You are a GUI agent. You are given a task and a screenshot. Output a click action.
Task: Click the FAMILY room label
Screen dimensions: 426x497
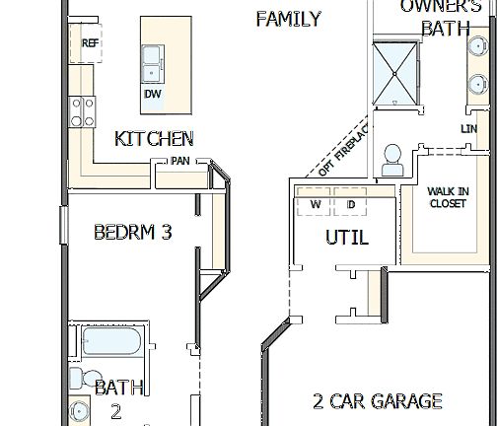288,19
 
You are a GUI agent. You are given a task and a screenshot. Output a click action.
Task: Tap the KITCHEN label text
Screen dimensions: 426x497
154,139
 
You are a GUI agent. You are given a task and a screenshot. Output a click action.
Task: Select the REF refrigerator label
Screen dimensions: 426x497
90,42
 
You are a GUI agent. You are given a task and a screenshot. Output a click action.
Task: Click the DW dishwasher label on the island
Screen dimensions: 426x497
152,94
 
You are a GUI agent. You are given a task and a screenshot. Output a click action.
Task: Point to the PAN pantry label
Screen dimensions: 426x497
179,161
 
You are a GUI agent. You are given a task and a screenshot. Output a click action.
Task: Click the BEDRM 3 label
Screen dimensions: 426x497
133,233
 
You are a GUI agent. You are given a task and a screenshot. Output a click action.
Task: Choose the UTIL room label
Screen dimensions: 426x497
347,238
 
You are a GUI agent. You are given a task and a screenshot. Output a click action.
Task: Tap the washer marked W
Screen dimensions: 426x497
316,205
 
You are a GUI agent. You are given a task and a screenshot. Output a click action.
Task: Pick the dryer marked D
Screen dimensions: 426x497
350,205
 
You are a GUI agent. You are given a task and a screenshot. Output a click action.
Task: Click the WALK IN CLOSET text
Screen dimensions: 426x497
448,198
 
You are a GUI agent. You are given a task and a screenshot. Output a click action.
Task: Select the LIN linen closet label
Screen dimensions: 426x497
468,129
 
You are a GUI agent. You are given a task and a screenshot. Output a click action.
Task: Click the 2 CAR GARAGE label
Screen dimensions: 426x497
377,401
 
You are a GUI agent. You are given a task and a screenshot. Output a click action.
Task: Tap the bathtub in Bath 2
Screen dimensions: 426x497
114,341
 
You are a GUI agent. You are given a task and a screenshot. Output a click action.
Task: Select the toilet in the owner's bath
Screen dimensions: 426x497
392,159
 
